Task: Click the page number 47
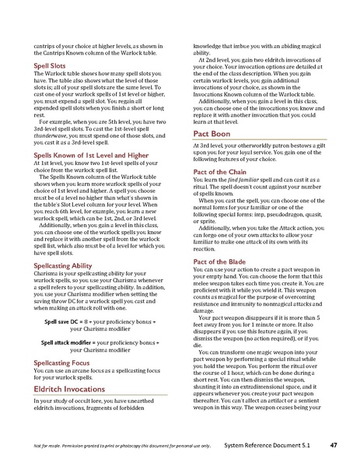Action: pos(334,445)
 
